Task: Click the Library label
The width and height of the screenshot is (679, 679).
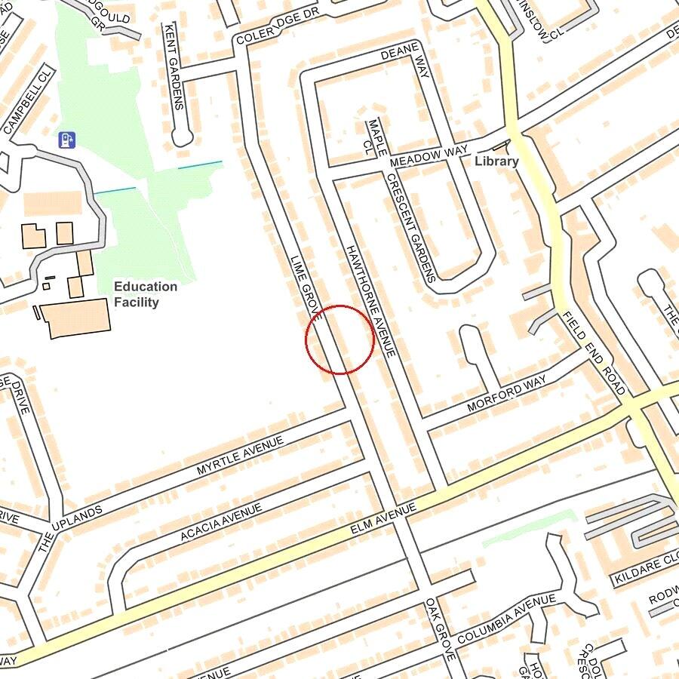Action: point(496,161)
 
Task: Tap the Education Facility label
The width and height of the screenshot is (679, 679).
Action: point(146,294)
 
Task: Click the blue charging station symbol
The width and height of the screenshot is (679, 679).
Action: point(67,140)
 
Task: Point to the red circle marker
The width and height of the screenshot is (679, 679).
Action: point(339,339)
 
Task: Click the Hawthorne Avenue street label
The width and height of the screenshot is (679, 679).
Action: point(370,300)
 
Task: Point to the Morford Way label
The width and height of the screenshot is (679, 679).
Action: point(506,394)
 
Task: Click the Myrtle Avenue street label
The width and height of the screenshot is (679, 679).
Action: point(239,455)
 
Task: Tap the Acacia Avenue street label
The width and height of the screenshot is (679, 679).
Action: point(221,522)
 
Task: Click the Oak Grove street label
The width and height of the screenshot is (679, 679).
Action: point(440,629)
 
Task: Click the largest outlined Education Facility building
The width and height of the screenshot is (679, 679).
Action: point(75,317)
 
